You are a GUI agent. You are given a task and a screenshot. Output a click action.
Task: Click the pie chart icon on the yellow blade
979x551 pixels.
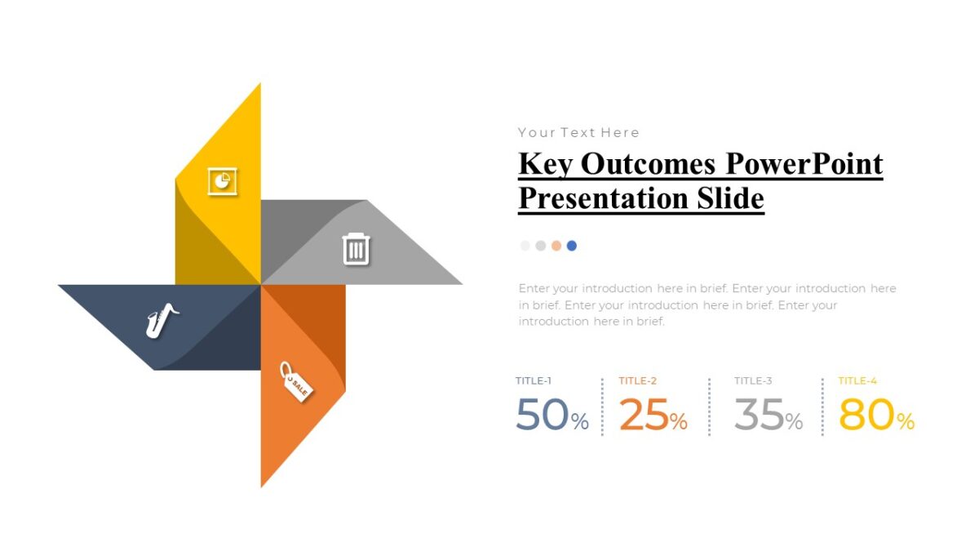click(222, 180)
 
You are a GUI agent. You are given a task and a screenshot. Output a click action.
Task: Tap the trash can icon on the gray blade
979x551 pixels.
click(356, 248)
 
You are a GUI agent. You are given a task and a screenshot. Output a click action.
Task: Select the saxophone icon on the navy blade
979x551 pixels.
click(162, 319)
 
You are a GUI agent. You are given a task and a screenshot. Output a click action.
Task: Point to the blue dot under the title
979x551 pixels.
click(572, 246)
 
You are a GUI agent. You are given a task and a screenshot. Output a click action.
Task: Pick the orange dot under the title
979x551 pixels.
click(556, 246)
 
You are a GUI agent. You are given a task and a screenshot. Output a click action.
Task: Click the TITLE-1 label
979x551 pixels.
click(534, 380)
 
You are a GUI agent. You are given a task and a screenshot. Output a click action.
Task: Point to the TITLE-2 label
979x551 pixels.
click(638, 380)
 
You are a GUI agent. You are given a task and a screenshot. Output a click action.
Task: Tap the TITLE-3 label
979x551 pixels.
click(753, 380)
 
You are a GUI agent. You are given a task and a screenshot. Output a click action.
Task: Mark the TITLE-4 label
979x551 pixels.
click(857, 380)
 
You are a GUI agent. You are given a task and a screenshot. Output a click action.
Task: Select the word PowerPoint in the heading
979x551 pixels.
click(804, 164)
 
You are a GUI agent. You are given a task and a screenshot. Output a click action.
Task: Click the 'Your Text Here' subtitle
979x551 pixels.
click(578, 132)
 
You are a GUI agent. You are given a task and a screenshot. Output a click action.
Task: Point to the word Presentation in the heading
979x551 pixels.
click(598, 198)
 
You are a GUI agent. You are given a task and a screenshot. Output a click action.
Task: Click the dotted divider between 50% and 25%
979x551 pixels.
click(602, 407)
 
